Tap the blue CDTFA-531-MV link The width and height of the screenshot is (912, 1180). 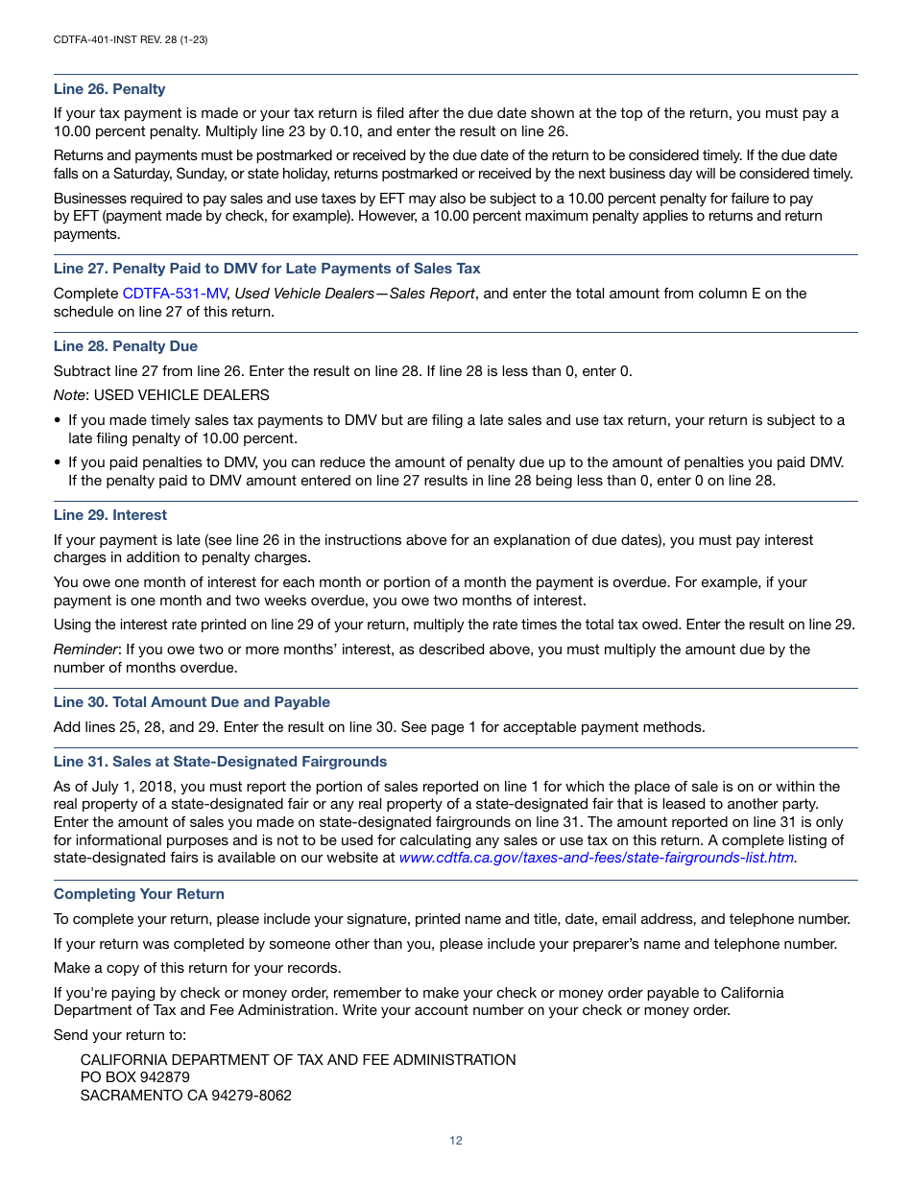click(175, 294)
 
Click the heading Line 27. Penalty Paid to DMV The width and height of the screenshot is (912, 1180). click(267, 269)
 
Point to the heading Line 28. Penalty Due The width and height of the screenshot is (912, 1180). click(126, 346)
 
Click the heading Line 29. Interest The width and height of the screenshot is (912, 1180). click(110, 515)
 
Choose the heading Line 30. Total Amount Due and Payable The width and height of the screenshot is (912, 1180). click(192, 702)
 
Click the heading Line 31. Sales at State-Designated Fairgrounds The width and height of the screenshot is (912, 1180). click(220, 762)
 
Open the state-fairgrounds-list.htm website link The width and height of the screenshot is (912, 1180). click(597, 858)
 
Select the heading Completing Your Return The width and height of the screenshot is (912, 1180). click(139, 894)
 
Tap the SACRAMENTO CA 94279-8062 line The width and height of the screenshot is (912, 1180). click(185, 1096)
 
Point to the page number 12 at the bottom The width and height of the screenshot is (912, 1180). click(456, 1141)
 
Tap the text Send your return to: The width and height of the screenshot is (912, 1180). click(120, 1035)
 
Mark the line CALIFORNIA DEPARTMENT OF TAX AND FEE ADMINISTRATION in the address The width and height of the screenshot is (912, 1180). click(298, 1060)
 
